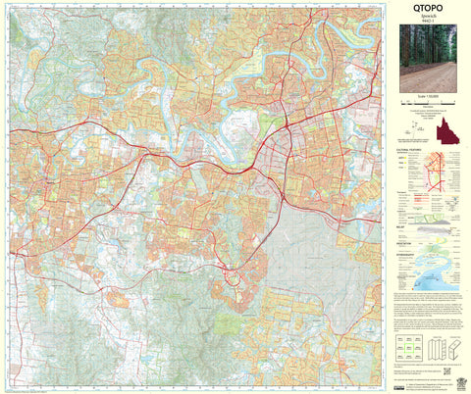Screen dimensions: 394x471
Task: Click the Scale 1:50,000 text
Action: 429,96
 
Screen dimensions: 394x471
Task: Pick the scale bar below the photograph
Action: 429,103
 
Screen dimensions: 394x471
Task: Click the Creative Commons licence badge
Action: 399,373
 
